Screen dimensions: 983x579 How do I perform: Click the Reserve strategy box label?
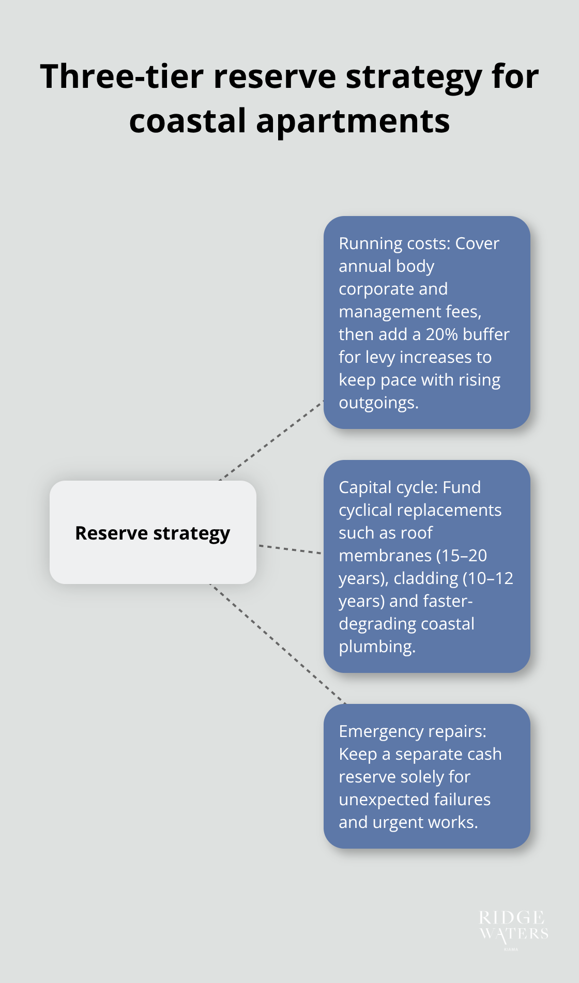(153, 533)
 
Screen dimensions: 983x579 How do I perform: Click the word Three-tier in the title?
(121, 76)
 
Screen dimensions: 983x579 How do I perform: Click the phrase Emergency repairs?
(412, 731)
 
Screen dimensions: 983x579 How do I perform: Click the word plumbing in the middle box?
(377, 647)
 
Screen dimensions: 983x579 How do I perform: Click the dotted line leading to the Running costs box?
(271, 440)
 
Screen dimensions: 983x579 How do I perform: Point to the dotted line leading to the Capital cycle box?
(289, 549)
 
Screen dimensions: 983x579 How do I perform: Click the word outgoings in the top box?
(378, 403)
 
